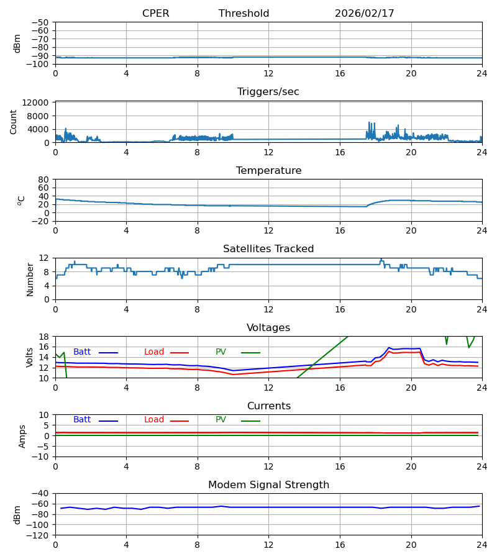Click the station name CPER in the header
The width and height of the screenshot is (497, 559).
[155, 14]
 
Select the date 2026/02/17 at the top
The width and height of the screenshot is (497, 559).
[364, 14]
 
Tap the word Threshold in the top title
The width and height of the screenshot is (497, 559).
[244, 14]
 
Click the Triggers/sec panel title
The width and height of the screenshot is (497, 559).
[268, 92]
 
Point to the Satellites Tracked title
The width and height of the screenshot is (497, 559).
[268, 249]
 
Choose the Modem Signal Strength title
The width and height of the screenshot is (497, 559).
[268, 485]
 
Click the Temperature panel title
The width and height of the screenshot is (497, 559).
[268, 171]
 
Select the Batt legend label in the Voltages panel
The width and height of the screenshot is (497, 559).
[82, 352]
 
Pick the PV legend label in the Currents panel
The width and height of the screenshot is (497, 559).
[221, 420]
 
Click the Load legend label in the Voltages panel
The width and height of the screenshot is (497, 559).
[154, 352]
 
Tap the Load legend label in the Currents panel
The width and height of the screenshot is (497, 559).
[154, 420]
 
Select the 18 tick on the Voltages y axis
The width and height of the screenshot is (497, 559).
[44, 337]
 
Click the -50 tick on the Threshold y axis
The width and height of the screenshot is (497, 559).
[42, 22]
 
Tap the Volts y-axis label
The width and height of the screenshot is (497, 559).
[30, 357]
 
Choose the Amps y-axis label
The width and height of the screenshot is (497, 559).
[23, 436]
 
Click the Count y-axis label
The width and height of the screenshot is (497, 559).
[14, 122]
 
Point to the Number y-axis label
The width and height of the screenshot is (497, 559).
[30, 279]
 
